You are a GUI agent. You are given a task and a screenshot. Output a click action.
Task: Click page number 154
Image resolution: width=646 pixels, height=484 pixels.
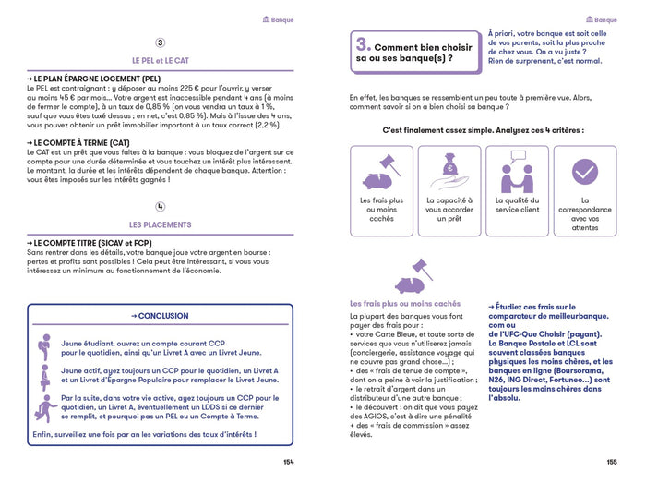pos(289,461)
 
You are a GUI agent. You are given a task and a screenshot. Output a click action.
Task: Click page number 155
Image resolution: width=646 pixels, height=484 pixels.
pos(612,461)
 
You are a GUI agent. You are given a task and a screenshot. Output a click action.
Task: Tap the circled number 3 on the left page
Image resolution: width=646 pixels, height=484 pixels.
pos(161,42)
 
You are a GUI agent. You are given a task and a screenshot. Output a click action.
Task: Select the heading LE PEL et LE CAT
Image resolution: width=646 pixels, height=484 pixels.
pos(161,60)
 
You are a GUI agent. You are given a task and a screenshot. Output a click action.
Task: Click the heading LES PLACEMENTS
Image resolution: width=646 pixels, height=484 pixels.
pos(161,224)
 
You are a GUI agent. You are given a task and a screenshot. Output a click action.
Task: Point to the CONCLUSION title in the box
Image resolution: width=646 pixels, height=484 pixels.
pos(160,316)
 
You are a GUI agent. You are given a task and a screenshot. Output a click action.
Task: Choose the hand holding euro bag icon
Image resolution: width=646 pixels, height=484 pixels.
pos(449,171)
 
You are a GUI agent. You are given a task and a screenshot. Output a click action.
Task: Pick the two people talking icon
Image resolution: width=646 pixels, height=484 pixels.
pos(517,171)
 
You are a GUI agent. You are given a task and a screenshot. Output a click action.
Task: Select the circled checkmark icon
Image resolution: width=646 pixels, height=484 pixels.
pos(584,171)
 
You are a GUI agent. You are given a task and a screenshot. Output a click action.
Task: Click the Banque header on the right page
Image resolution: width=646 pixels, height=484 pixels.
pos(601,19)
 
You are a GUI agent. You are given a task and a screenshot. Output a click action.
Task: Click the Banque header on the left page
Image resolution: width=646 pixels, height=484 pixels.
pos(278,19)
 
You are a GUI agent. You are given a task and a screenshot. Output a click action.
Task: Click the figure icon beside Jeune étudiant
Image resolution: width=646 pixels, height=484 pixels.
pos(42,345)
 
